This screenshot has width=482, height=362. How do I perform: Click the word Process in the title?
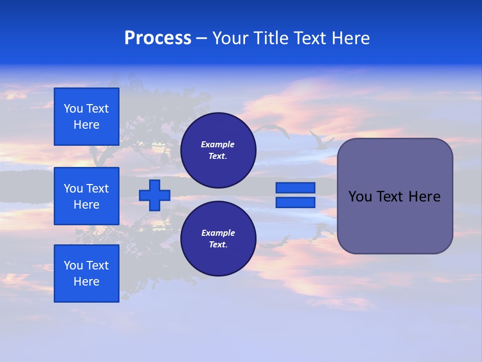click(x=158, y=38)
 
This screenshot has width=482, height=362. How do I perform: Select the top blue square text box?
click(x=86, y=117)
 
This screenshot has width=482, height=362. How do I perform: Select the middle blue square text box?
click(x=86, y=196)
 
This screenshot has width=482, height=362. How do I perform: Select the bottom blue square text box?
click(x=86, y=274)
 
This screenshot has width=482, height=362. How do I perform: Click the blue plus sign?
click(x=155, y=195)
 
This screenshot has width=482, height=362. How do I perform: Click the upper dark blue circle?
click(x=218, y=150)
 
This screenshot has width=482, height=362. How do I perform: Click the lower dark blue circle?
click(x=218, y=239)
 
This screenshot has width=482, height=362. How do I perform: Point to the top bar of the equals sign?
click(x=295, y=188)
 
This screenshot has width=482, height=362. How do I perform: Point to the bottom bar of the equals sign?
click(x=295, y=203)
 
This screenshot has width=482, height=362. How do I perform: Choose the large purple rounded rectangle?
click(x=395, y=196)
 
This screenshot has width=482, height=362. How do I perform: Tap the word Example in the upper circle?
click(x=218, y=145)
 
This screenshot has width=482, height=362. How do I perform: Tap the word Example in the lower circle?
click(x=218, y=233)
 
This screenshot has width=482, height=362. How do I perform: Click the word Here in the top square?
click(x=86, y=125)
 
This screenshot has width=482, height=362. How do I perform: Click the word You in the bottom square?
click(x=73, y=265)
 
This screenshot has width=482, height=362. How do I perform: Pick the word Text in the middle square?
click(x=97, y=189)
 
